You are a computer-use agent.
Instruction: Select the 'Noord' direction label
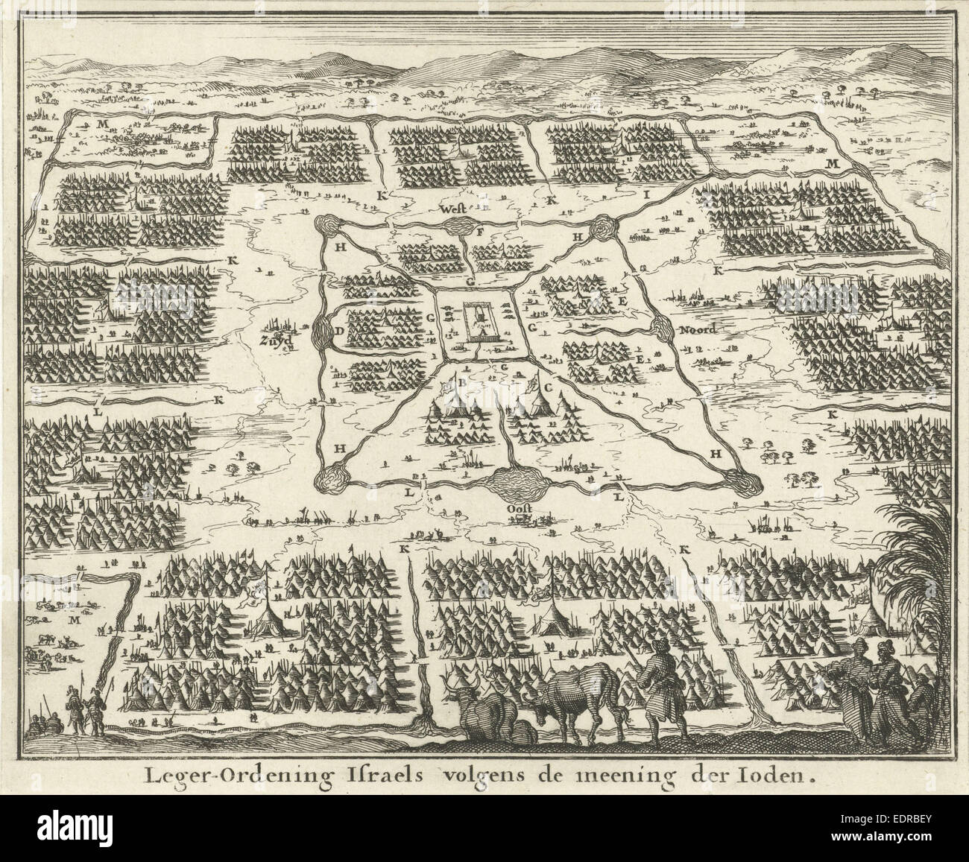[x=698, y=330]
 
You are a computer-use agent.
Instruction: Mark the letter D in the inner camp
[x=339, y=331]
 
